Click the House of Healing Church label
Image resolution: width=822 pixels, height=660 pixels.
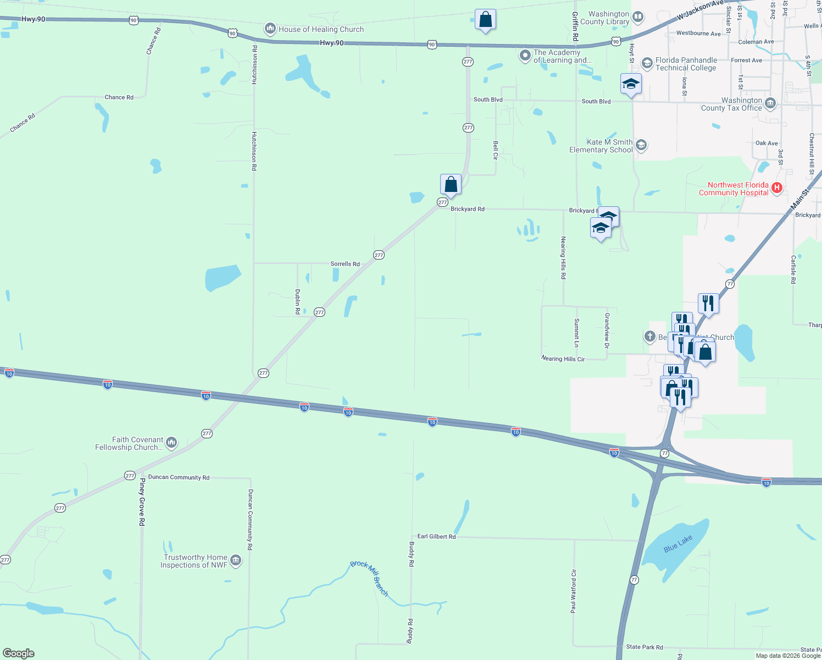(x=321, y=29)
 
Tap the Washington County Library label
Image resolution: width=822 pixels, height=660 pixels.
(x=608, y=18)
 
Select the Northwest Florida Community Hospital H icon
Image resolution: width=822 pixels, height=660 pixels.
(x=776, y=188)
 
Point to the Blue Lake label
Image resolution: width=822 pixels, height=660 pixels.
(x=677, y=544)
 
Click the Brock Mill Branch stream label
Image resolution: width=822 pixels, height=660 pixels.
(x=369, y=577)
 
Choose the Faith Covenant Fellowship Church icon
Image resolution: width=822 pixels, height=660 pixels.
(x=171, y=442)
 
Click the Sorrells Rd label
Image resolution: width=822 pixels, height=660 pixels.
(x=345, y=264)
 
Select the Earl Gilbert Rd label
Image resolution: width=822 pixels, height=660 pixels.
(x=436, y=536)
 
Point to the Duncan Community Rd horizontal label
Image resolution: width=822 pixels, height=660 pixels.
(x=179, y=477)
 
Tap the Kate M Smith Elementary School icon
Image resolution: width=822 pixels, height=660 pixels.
(x=641, y=145)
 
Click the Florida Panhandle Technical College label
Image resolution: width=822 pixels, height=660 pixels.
(x=686, y=64)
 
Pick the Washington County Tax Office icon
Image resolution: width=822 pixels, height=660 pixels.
(x=770, y=103)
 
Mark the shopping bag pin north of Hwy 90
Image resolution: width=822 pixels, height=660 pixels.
(x=485, y=20)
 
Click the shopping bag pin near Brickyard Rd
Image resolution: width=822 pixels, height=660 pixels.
(x=451, y=185)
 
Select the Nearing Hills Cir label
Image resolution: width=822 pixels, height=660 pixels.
(x=563, y=359)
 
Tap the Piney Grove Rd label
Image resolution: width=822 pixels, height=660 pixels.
(x=142, y=502)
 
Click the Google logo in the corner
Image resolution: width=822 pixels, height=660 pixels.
(x=19, y=653)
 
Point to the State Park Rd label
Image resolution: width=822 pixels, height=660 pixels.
(x=644, y=647)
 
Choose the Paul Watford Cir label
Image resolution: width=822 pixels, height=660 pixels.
(x=573, y=591)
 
